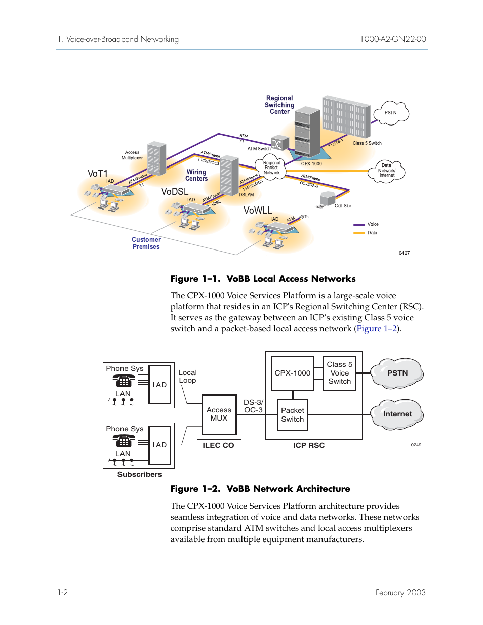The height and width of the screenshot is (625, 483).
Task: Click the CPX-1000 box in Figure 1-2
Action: [293, 373]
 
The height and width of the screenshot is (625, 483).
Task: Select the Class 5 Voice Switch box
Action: [340, 373]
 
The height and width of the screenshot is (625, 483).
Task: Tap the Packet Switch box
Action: [293, 415]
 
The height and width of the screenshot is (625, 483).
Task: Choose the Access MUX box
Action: [219, 414]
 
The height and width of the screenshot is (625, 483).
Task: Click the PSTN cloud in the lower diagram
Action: [397, 373]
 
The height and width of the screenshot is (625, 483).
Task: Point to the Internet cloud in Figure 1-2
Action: [397, 414]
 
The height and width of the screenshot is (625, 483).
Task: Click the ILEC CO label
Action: [218, 445]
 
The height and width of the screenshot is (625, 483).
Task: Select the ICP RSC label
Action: [309, 445]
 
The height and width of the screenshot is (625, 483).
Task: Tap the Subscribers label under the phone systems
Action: [140, 474]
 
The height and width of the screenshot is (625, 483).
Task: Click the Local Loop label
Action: [187, 377]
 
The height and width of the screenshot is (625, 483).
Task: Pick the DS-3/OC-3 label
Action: [253, 406]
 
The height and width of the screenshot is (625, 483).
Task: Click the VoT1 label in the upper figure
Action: [98, 174]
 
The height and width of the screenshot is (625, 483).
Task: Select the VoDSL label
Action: [175, 192]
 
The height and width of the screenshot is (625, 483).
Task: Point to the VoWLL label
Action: [258, 211]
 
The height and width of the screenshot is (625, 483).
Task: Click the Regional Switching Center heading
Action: [279, 105]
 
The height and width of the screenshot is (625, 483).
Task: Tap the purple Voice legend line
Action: [359, 224]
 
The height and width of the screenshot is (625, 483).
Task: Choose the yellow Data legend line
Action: [359, 233]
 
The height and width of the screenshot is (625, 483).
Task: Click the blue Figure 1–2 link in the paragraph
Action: [377, 329]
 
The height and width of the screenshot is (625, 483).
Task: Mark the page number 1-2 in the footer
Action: [63, 592]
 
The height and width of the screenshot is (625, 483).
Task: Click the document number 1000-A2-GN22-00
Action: [393, 39]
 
